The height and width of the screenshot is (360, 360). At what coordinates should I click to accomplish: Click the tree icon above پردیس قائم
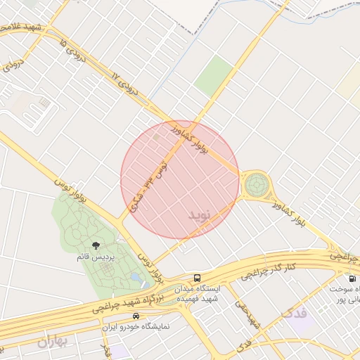[96, 245]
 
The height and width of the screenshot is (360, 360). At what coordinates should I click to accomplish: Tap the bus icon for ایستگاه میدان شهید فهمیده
[198, 278]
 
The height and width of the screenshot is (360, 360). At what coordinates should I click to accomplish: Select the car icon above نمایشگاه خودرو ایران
[145, 316]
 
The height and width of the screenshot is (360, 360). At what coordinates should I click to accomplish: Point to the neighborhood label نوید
[199, 214]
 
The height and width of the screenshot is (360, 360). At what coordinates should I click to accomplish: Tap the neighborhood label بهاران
[55, 342]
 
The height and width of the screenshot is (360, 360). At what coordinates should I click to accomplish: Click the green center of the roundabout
[256, 186]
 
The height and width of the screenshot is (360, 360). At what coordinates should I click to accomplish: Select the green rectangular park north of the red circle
[214, 76]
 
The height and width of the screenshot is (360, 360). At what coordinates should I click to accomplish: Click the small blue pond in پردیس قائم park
[135, 278]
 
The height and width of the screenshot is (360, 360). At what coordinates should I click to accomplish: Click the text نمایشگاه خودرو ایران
[143, 328]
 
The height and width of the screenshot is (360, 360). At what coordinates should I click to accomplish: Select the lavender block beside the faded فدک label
[304, 324]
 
